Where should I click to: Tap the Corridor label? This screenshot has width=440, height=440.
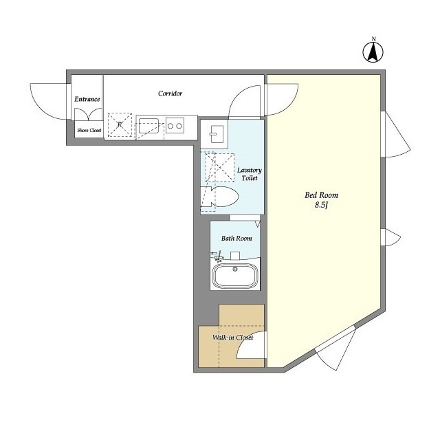pos(170,93)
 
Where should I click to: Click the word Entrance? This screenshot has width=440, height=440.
pos(87,99)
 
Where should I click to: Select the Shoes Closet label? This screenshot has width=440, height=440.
pos(89,130)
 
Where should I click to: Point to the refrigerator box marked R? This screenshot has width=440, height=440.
pos(120,125)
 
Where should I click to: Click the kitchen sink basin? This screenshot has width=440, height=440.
pos(148,126)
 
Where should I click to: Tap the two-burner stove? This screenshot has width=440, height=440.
pos(175,126)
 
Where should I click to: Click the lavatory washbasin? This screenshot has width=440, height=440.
pos(217,134)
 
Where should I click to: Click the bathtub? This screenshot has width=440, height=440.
pos(235,275)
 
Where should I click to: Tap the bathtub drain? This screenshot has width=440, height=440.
pos(235,269)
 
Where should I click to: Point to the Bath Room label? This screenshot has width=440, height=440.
pos(236,239)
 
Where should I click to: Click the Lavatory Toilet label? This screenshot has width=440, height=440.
pos(250,174)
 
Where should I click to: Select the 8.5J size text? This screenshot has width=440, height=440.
pos(321,205)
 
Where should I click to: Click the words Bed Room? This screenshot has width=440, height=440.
pos(321,195)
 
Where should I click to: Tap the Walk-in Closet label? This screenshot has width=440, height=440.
pos(232,338)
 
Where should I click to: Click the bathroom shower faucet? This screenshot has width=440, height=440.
pos(217,256)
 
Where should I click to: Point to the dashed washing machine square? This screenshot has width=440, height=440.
pos(220,168)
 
